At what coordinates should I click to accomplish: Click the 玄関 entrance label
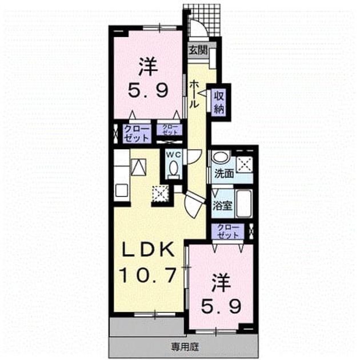198,50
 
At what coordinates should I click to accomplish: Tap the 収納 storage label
219,102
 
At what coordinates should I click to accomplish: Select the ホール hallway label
194,94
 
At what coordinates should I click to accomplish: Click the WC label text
174,155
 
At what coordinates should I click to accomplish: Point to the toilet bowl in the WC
174,169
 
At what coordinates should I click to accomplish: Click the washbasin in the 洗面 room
221,157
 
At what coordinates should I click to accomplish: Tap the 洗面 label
224,174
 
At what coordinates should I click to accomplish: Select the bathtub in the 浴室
243,203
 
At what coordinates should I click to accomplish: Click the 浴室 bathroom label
222,205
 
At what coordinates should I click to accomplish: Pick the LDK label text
147,250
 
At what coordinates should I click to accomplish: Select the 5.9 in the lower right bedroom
221,306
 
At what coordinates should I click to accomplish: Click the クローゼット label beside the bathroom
228,231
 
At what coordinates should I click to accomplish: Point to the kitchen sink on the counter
122,190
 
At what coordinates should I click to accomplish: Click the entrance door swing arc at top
202,26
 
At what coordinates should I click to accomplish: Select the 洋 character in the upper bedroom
148,66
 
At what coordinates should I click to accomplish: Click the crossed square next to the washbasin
245,164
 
